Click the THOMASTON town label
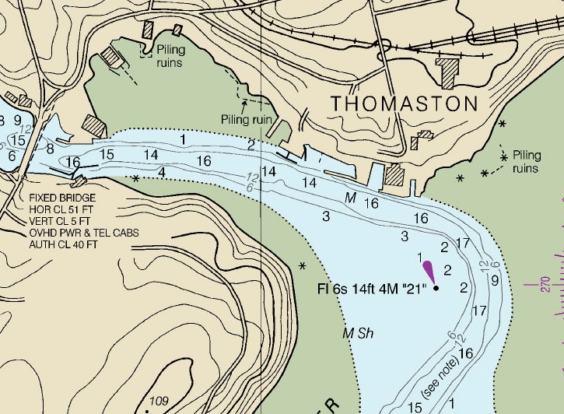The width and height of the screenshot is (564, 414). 405,103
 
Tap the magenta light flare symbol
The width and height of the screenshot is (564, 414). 428,271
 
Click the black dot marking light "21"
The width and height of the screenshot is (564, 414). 436,288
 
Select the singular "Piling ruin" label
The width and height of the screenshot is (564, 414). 247,119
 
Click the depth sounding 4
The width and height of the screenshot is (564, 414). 161,171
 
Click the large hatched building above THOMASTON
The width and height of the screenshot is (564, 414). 448,71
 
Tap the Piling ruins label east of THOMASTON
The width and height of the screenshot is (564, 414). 526,161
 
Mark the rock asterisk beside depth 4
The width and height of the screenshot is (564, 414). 137,178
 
